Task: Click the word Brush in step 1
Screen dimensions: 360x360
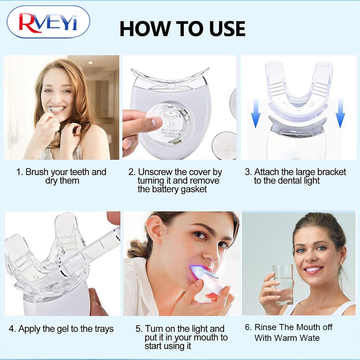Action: click(x=37, y=172)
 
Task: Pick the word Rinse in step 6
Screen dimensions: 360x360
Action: click(x=265, y=327)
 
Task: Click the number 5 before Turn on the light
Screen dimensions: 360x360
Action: click(x=138, y=329)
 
